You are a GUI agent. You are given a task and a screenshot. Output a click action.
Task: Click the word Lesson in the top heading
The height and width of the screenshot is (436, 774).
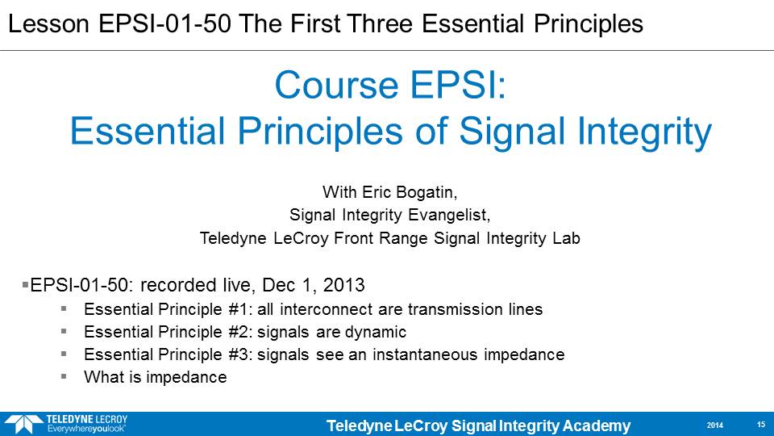point(49,23)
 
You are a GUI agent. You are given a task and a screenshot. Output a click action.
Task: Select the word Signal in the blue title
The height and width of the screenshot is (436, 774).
point(512,132)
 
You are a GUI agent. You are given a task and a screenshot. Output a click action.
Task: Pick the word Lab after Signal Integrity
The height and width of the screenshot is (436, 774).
point(566,238)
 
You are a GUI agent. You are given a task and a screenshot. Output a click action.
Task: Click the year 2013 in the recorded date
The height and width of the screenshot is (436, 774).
point(343,285)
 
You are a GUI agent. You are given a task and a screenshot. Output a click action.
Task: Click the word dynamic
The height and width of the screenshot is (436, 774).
point(375,332)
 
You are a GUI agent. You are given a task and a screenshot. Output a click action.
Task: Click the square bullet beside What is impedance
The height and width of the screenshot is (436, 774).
point(64,376)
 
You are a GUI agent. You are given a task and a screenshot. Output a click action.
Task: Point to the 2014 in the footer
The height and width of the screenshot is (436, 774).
point(715,426)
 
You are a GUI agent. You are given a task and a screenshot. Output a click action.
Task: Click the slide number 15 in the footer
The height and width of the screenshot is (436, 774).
point(760,425)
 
